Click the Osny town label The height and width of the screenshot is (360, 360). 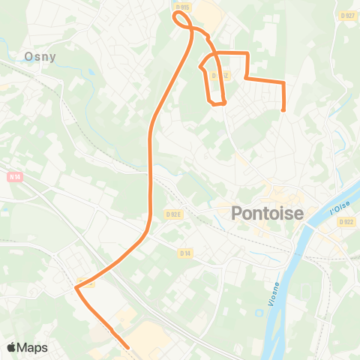click(40, 56)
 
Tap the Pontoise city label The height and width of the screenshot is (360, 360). click(268, 214)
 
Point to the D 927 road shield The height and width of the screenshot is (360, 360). click(346, 15)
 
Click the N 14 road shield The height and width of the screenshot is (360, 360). click(15, 177)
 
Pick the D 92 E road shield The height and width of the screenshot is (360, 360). click(173, 214)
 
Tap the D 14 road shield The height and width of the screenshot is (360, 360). click(185, 253)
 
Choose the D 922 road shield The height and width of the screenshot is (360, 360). click(346, 221)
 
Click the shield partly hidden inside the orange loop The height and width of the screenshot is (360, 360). click(218, 76)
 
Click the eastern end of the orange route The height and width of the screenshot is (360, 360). click(284, 109)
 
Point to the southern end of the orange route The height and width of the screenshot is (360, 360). click(127, 347)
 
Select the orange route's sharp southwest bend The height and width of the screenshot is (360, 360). click(78, 285)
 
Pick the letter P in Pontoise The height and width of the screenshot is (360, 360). click(237, 214)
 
